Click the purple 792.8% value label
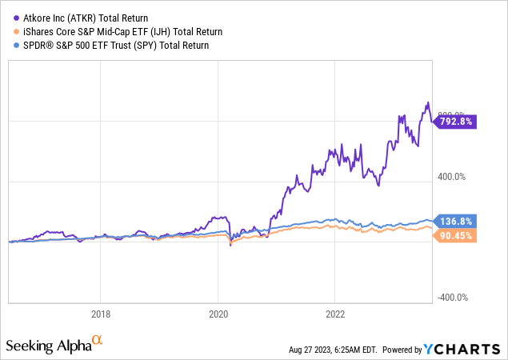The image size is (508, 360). [x=458, y=122]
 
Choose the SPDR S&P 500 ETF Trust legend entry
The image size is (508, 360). [x=113, y=46]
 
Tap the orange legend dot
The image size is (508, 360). [x=10, y=31]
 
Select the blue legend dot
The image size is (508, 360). [x=10, y=46]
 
